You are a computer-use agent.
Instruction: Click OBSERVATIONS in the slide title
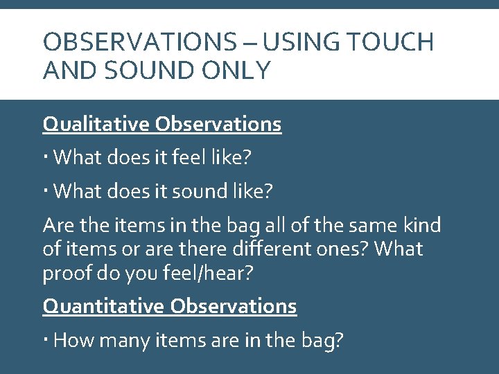[139, 43]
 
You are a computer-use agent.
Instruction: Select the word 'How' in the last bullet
[71, 340]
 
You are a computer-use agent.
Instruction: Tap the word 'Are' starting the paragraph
[56, 225]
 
